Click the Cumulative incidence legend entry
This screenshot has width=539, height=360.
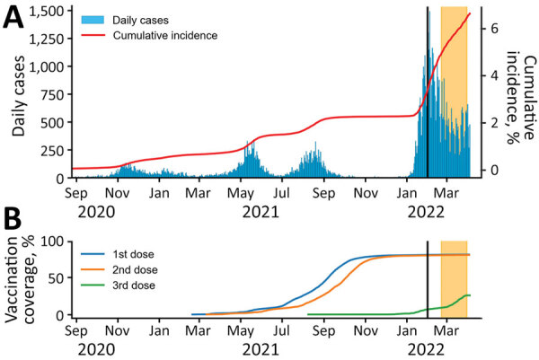pyautogui.click(x=165, y=36)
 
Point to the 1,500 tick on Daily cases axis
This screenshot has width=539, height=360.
pyautogui.click(x=49, y=10)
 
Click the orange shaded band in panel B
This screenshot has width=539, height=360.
pyautogui.click(x=454, y=278)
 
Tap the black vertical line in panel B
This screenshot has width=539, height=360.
pyautogui.click(x=428, y=278)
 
